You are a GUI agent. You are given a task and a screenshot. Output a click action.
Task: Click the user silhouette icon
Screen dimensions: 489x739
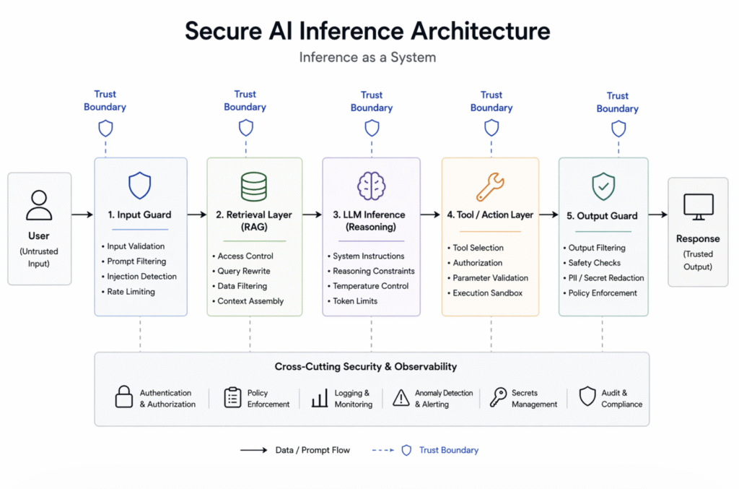coord(39,204)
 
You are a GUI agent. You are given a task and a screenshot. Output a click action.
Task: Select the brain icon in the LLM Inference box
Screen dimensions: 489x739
coord(372,186)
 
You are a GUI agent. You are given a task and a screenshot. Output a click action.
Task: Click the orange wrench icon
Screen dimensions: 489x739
coord(490,186)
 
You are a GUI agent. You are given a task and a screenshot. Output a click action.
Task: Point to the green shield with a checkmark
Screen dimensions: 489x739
coord(603,186)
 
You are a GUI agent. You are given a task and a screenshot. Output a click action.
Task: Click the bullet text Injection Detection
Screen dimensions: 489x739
coord(141,277)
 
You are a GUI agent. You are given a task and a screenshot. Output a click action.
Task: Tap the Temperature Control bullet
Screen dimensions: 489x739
coord(370,286)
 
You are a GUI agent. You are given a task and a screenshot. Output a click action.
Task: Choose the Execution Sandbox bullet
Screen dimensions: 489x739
coord(487,293)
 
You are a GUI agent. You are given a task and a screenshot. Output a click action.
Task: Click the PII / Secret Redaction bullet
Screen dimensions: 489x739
coord(605,278)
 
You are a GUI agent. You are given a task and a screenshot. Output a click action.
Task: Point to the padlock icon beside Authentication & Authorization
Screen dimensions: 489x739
coord(124,397)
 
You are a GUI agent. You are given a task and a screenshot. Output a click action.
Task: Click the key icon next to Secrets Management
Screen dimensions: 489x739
coord(498,397)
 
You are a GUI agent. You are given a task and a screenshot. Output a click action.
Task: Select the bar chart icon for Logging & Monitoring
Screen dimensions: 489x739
coord(320,398)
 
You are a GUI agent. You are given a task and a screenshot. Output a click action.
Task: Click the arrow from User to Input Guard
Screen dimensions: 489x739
coord(82,215)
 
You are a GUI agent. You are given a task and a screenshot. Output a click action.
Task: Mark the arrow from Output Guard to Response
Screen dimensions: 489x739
coord(657,215)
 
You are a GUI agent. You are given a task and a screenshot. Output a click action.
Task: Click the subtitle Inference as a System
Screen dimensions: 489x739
coord(367,57)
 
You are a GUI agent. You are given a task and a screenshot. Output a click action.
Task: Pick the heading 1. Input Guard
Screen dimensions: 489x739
coord(139,215)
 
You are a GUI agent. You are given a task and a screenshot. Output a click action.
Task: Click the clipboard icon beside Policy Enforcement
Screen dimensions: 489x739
coord(232,397)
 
